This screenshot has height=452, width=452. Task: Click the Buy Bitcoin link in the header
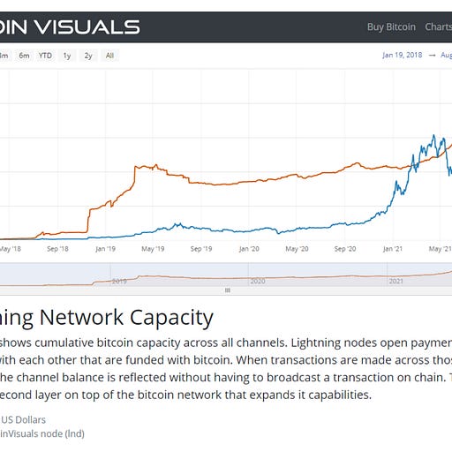(x=391, y=26)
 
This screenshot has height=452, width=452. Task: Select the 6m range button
(x=24, y=56)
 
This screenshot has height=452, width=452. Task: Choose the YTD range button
(x=45, y=56)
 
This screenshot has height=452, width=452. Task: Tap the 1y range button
(x=67, y=56)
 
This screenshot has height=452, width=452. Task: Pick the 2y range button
(x=88, y=56)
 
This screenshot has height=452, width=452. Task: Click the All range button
(x=109, y=56)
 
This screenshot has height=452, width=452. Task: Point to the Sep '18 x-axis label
(x=57, y=249)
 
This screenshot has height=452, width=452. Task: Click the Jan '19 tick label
(x=105, y=249)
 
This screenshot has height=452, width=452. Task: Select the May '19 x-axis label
(x=154, y=249)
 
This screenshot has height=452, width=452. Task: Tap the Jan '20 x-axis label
(x=250, y=249)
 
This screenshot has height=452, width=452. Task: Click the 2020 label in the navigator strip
(x=258, y=281)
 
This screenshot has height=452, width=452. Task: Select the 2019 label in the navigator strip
(x=119, y=281)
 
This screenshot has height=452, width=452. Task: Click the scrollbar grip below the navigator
(x=228, y=290)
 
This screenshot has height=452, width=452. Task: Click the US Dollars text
(x=23, y=419)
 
